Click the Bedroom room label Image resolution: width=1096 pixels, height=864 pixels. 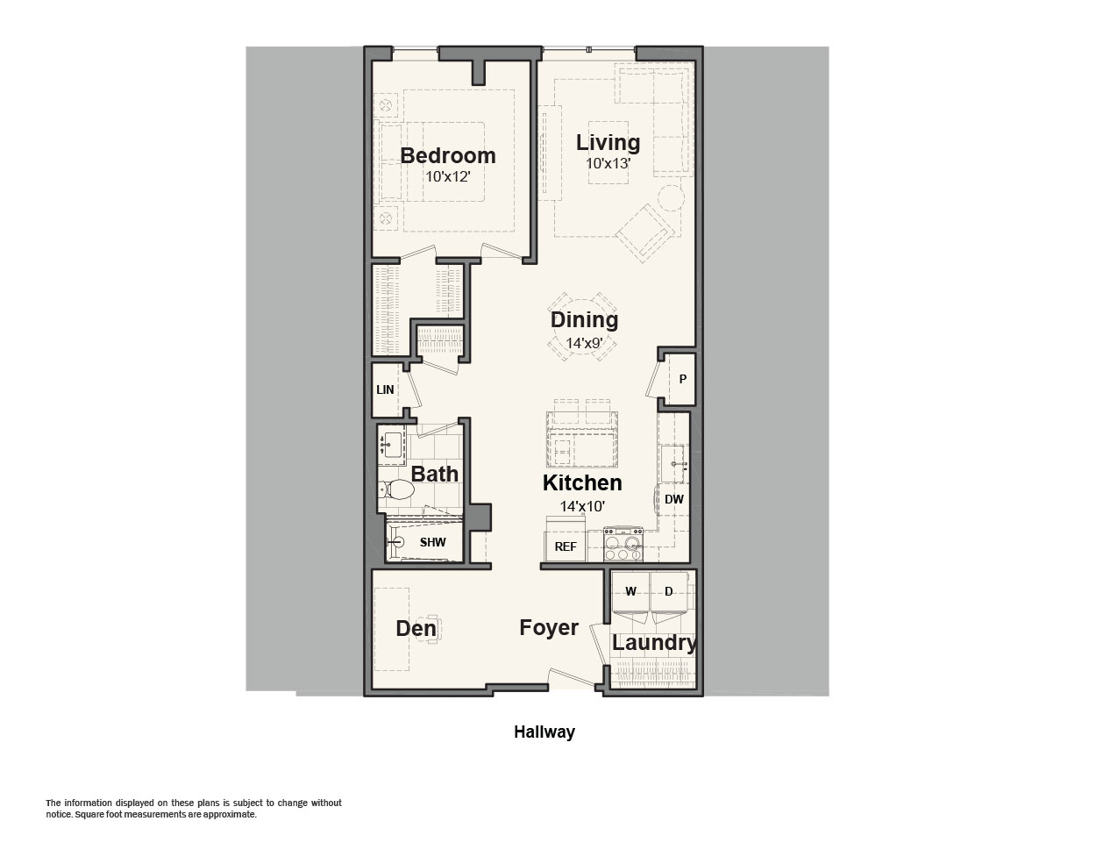(448, 156)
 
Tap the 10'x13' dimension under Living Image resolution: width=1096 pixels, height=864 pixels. (608, 163)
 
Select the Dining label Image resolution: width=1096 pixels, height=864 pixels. (584, 320)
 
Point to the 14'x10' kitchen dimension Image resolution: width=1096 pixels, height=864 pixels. (582, 506)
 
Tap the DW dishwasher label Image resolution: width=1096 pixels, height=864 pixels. (673, 499)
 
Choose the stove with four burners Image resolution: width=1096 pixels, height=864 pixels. (623, 544)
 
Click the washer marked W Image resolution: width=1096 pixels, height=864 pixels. (630, 592)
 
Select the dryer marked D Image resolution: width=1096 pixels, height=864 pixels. (669, 592)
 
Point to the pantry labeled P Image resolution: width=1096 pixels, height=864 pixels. (681, 379)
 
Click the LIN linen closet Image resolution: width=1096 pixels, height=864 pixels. (386, 389)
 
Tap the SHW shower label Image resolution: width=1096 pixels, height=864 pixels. (432, 542)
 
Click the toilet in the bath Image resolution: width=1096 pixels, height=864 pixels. (397, 490)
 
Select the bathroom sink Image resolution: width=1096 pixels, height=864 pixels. (391, 445)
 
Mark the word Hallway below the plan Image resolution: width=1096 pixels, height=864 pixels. (544, 732)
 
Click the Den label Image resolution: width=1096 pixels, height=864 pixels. (416, 629)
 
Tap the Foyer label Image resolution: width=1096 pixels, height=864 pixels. (549, 628)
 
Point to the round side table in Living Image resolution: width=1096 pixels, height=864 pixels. (671, 198)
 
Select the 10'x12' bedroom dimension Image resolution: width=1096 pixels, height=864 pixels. (448, 177)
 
